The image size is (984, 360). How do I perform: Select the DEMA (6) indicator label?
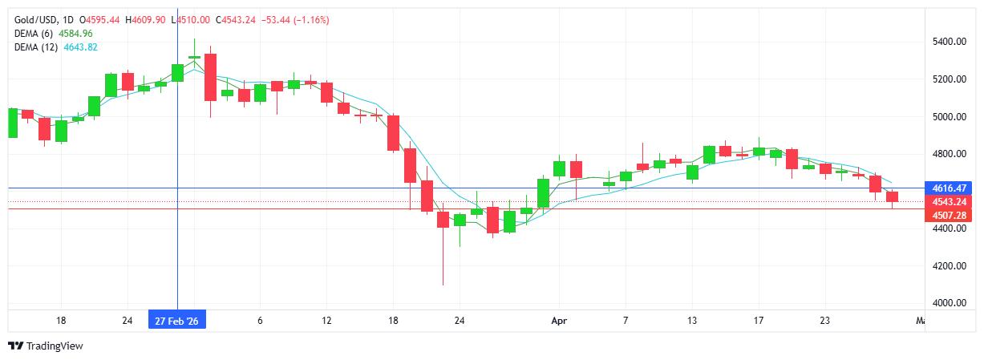click(x=34, y=34)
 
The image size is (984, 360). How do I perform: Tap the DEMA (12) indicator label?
click(x=37, y=47)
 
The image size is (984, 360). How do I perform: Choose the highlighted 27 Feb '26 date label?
click(x=177, y=321)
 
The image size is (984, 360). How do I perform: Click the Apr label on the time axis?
click(x=559, y=321)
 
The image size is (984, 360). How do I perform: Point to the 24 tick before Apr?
click(x=460, y=321)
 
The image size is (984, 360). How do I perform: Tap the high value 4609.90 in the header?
click(x=146, y=19)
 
